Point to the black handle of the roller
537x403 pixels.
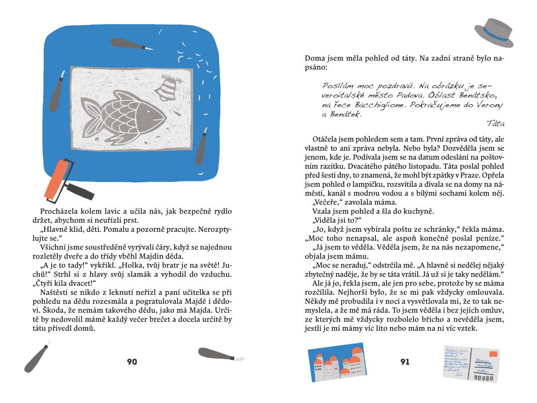tap(81, 190)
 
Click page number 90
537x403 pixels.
tap(132, 362)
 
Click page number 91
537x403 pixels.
tap(405, 362)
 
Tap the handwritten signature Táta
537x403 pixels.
tap(495, 123)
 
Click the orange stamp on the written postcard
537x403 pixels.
tap(493, 354)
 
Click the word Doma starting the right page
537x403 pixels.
tap(315, 57)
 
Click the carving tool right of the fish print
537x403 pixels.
tap(201, 147)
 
